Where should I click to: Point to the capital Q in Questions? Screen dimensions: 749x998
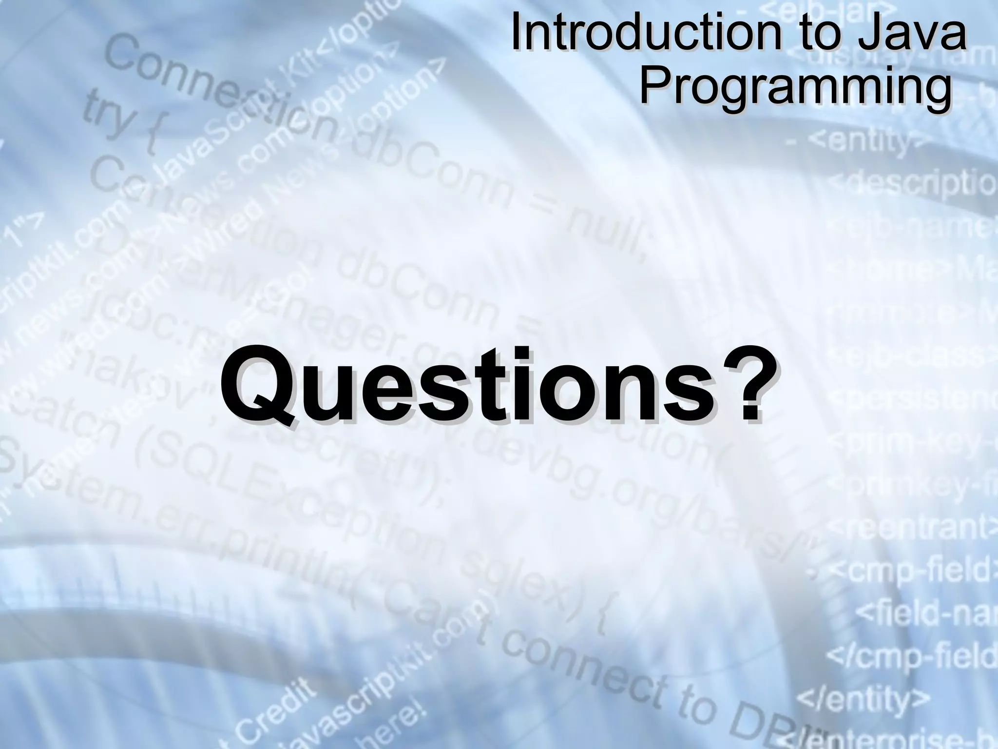[263, 385]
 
